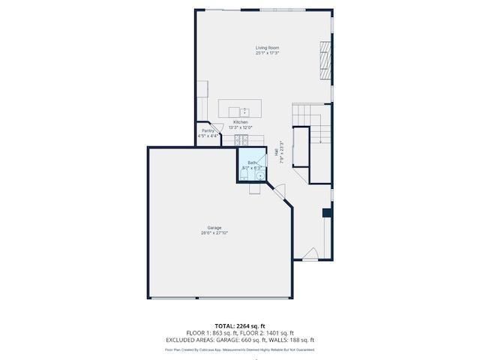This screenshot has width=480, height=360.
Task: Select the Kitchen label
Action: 240,122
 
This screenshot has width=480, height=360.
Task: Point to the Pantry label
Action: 208,131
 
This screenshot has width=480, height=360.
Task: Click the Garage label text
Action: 214,228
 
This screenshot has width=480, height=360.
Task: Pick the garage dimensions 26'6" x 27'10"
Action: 214,233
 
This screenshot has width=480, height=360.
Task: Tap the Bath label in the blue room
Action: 252,163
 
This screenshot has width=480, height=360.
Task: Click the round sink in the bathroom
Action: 260,177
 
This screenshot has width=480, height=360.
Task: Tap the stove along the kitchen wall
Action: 241,140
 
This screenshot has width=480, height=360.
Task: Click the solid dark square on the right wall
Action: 327,213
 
